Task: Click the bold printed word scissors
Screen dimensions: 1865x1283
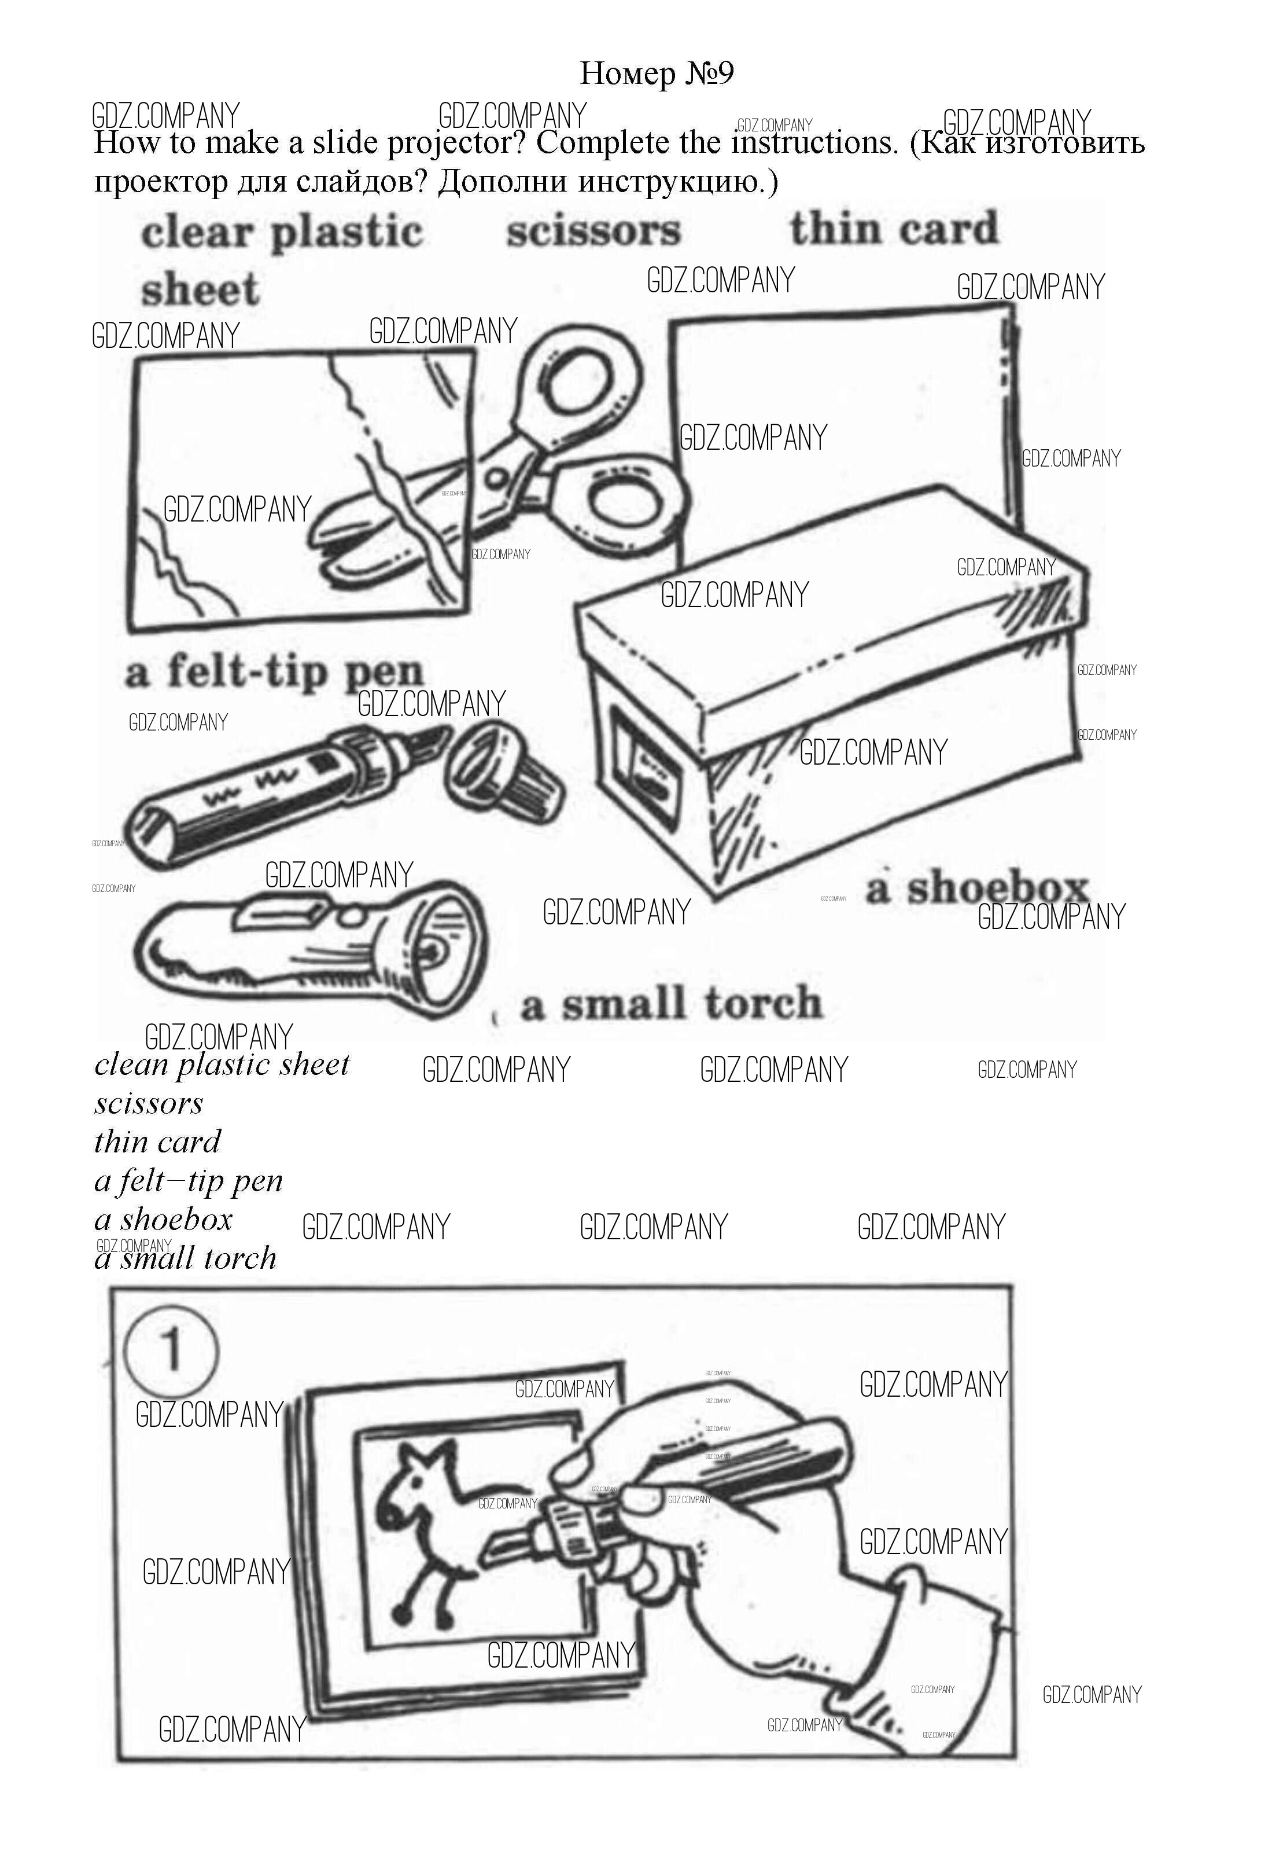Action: coord(593,232)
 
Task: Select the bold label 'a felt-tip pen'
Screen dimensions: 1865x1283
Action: coord(274,673)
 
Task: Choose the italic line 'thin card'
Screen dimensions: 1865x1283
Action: coord(157,1142)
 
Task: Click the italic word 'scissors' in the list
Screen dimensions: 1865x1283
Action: coord(149,1103)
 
